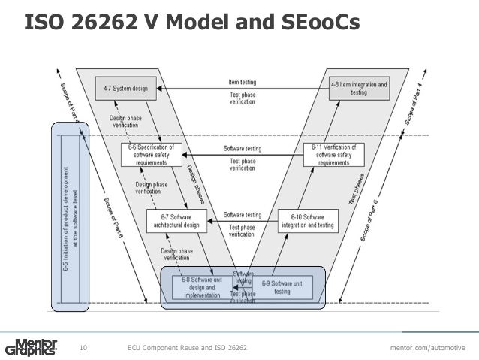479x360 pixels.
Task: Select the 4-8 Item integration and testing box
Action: (x=359, y=89)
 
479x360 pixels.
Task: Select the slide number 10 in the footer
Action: (x=83, y=347)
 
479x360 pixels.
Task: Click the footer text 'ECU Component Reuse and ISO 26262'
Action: (x=186, y=347)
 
